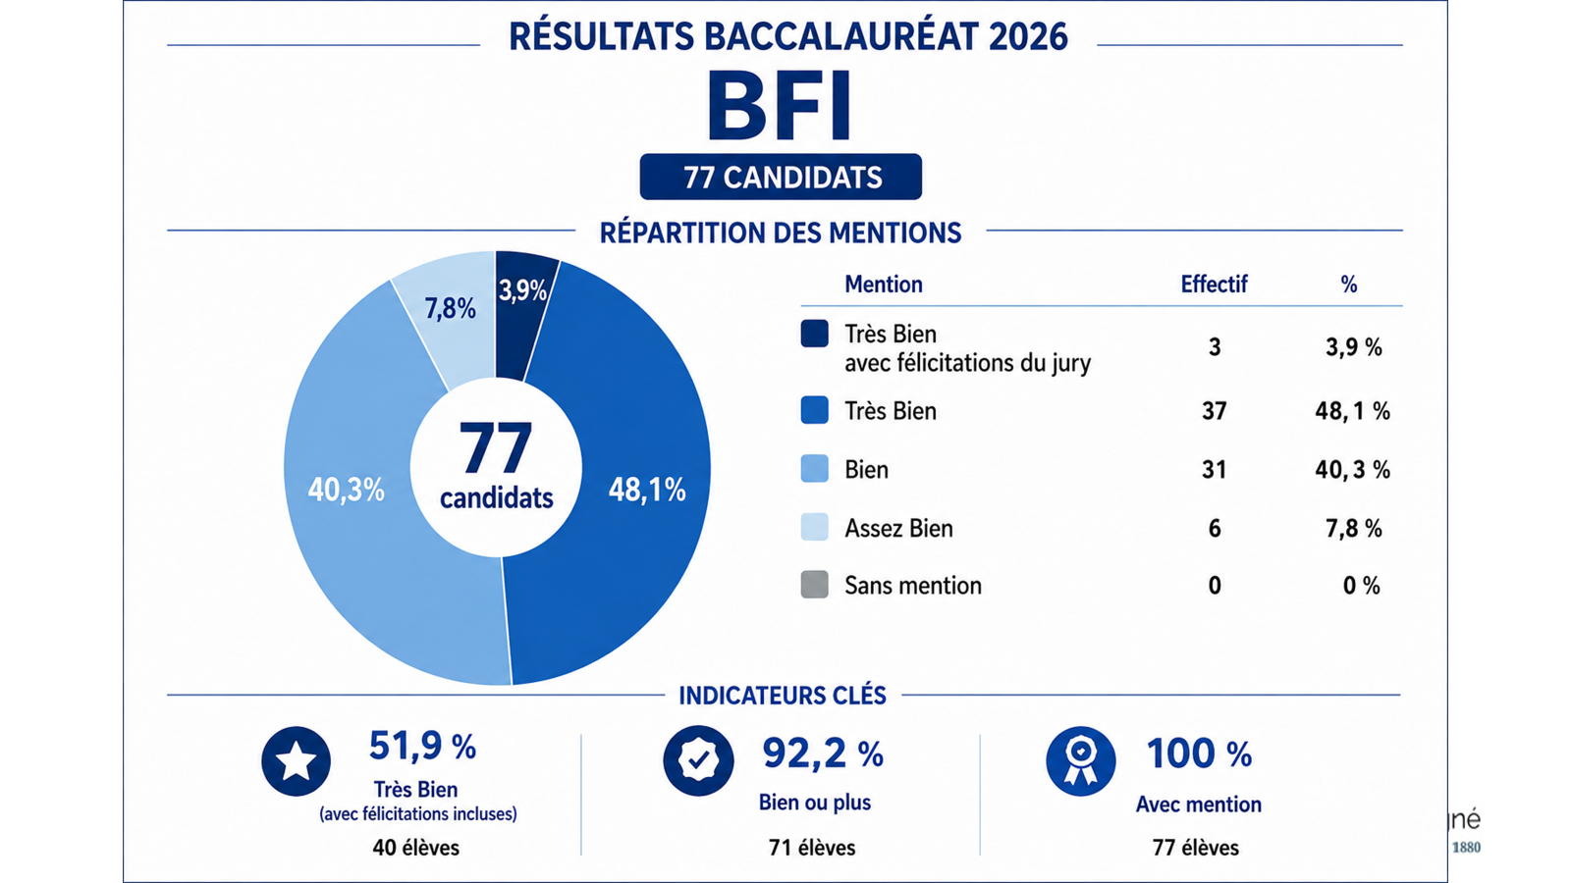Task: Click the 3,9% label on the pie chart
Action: coord(522,290)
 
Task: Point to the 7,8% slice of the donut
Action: coord(449,308)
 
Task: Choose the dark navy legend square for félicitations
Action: coord(814,334)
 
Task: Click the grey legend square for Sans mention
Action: coord(814,585)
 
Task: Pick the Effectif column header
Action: coord(1214,284)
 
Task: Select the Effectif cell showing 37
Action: coord(1214,410)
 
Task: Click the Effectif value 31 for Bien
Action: coord(1214,469)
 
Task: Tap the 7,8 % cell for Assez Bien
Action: coord(1354,528)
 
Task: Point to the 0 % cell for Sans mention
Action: coord(1361,585)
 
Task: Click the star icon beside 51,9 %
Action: coord(296,761)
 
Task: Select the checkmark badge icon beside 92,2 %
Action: coord(698,760)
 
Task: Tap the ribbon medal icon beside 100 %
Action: coord(1081,761)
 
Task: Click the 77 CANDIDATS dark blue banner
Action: coord(781,177)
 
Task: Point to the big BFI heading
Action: coord(780,106)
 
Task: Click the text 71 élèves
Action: coord(812,848)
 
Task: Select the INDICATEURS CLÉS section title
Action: coord(783,696)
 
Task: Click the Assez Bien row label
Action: coord(898,528)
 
